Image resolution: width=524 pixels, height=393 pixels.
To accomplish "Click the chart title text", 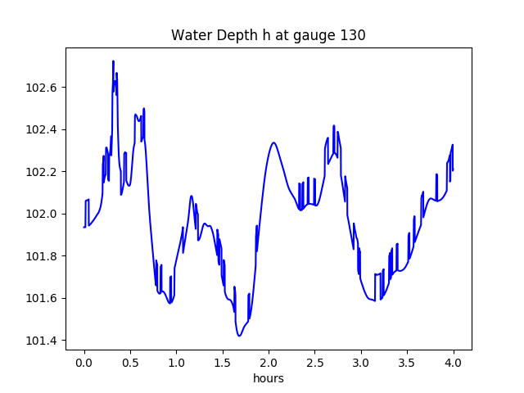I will click(268, 35).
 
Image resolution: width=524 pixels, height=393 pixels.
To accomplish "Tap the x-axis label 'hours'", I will click(269, 379).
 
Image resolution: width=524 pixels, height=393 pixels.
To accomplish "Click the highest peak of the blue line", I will click(113, 61).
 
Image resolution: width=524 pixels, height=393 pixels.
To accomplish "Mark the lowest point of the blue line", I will click(239, 336).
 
